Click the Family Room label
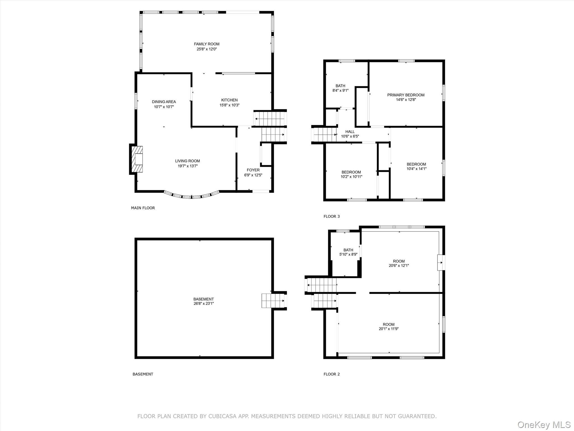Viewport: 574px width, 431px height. tap(207, 44)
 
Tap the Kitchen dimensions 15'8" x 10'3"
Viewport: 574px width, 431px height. tap(229, 105)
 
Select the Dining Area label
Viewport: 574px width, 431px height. tap(164, 102)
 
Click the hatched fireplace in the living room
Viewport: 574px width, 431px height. tap(138, 159)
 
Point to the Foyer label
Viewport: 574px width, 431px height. tap(253, 170)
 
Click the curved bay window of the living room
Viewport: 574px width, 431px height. tap(192, 196)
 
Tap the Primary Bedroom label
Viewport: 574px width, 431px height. tap(406, 95)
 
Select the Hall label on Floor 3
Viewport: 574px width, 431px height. tap(350, 132)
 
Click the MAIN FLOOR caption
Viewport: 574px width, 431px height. tap(143, 208)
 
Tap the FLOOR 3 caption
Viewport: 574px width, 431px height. tap(332, 216)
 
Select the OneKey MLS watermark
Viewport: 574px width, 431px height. tap(544, 425)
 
